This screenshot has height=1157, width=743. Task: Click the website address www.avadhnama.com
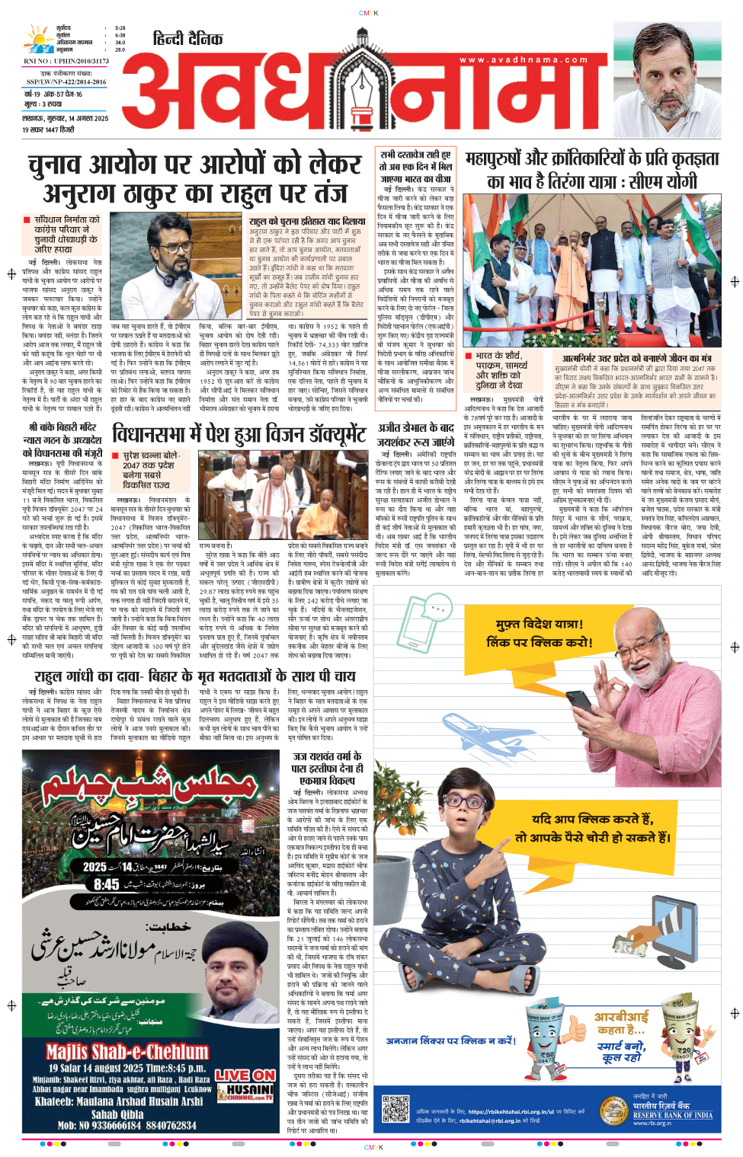(x=523, y=59)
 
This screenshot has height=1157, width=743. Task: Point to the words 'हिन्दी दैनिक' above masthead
(x=187, y=39)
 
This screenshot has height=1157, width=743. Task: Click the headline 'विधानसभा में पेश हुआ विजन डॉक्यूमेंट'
(x=239, y=435)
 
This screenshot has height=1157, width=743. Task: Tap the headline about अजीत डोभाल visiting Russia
(x=415, y=435)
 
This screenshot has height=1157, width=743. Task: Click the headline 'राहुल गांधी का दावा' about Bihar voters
(x=194, y=676)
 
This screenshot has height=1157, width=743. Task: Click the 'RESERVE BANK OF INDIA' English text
(x=673, y=1115)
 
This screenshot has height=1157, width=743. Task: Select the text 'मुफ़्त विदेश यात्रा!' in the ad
(x=540, y=625)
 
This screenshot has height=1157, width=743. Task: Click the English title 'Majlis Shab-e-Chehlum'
(x=127, y=1052)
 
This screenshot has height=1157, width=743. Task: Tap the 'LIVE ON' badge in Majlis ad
(x=244, y=1075)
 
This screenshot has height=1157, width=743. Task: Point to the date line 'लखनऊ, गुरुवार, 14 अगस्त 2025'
(x=66, y=119)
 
